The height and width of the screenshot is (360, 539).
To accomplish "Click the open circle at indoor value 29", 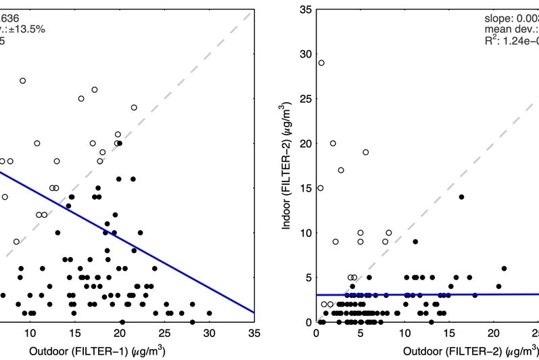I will (321, 63).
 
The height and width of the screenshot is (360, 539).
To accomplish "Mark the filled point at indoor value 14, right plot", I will (461, 197).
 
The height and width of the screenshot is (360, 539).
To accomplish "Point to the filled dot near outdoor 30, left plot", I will (209, 313).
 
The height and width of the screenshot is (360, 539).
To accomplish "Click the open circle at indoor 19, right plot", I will (365, 152).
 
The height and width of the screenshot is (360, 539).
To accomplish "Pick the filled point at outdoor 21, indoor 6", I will (504, 269).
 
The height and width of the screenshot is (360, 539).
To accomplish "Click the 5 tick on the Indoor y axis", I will (308, 277).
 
